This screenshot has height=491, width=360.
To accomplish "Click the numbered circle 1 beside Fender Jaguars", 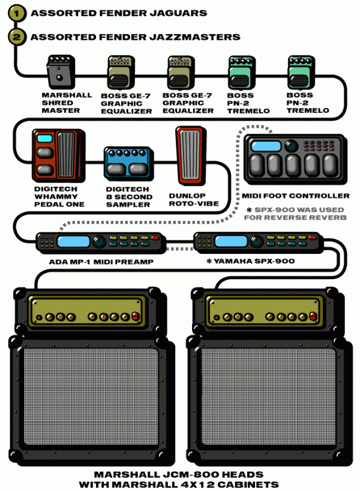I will pos(16,12).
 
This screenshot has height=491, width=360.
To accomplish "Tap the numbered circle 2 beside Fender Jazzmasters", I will pos(16,36).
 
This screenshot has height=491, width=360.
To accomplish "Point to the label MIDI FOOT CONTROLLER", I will pos(295,196).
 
